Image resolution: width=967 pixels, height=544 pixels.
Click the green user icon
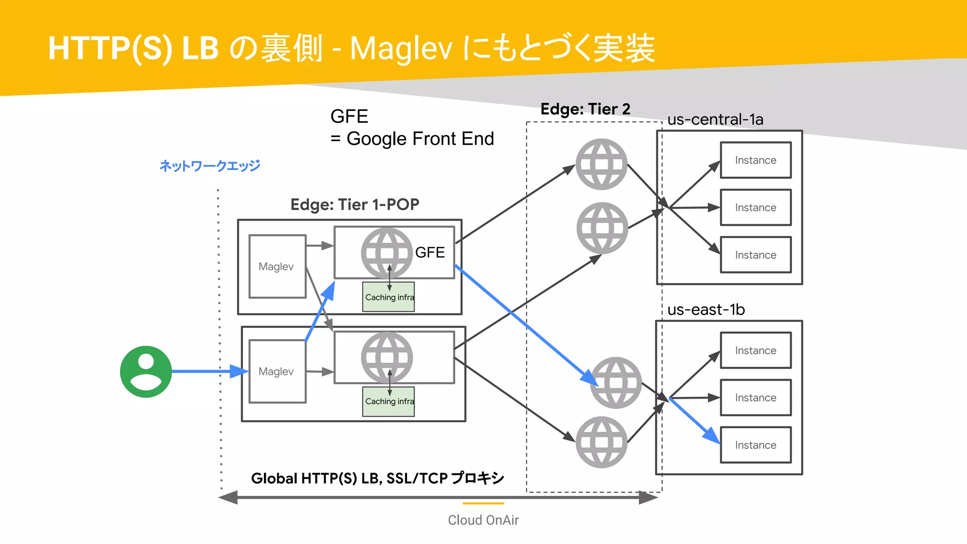point(146,372)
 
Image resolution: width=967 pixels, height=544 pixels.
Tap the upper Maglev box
point(277,266)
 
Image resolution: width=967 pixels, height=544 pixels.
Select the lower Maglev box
point(277,372)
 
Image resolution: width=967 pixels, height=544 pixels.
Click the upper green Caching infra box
point(389,297)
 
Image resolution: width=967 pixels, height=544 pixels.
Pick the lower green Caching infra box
point(389,401)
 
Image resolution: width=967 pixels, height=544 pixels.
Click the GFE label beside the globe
point(430,253)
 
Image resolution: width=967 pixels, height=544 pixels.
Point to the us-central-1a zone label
point(715,119)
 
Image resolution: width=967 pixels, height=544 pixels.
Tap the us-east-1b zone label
point(706,310)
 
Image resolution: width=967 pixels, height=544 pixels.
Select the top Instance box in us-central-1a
point(755,160)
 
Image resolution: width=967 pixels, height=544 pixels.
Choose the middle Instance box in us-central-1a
point(755,207)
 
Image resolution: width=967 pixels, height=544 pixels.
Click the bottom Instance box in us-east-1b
point(755,445)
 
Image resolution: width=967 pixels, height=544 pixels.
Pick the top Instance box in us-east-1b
point(755,350)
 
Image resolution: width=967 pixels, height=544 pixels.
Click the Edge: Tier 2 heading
point(585,109)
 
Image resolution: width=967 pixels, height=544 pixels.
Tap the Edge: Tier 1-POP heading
point(355,204)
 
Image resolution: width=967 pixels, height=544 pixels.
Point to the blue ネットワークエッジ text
point(210,166)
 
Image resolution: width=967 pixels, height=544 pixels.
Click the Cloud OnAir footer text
point(483,520)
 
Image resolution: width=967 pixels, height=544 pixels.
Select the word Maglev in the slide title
point(401,49)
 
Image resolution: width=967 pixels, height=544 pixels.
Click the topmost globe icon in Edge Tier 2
point(601,164)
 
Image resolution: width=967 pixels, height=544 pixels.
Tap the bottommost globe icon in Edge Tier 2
point(601,442)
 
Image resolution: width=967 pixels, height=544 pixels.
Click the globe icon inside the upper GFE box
point(387,253)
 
